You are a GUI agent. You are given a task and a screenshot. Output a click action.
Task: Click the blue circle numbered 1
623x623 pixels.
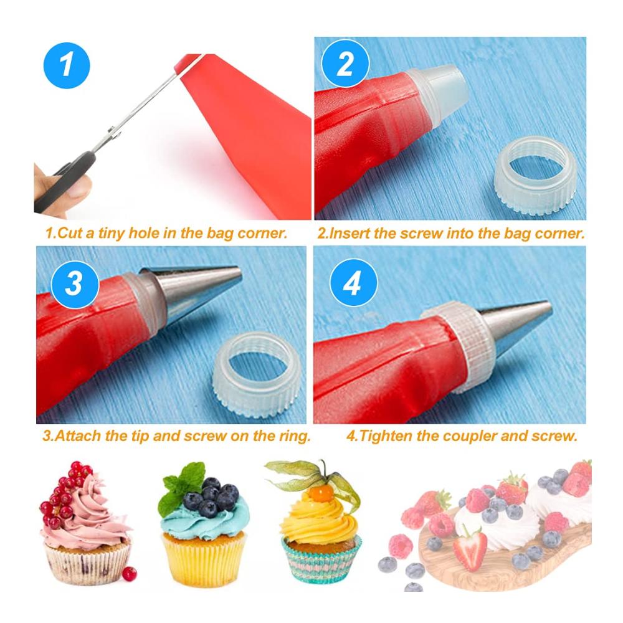pos(67,65)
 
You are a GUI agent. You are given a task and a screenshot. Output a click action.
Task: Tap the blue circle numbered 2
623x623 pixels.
pos(345,63)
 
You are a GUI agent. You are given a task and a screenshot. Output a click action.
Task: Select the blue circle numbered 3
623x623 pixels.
pos(75,284)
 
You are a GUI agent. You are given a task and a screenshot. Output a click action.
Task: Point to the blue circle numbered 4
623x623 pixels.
pos(354,282)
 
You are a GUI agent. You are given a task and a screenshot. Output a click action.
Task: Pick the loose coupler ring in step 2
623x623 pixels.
pos(535,177)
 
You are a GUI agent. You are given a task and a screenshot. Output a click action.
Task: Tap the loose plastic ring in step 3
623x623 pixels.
pos(257,374)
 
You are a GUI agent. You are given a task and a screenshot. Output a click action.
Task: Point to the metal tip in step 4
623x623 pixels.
pos(516,325)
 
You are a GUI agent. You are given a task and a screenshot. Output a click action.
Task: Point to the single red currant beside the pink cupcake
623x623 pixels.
pos(129,574)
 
